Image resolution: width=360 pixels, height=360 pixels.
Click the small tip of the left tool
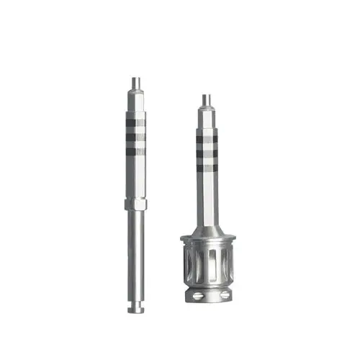[135, 83]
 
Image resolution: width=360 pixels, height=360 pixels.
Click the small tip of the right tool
[207, 99]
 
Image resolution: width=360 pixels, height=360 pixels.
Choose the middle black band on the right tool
[207, 153]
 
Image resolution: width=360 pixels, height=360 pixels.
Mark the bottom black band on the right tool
[207, 168]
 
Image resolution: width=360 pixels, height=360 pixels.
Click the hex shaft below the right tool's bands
[207, 194]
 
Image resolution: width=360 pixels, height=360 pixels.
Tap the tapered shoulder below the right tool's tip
[207, 110]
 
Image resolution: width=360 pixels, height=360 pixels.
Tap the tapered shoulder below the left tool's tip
[135, 95]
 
